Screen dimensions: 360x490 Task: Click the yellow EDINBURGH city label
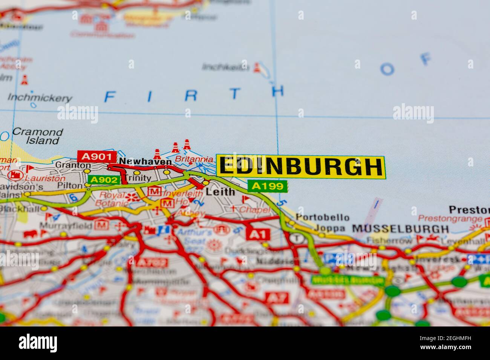point(300,166)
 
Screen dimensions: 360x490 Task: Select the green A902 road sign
point(104,180)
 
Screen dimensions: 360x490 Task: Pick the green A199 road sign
point(267,186)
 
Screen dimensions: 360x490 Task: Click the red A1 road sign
point(258,235)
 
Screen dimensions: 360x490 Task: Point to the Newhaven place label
point(145,162)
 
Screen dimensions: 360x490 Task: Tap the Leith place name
point(220,192)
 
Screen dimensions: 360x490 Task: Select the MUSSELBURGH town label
point(400,229)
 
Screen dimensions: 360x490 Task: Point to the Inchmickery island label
point(40,98)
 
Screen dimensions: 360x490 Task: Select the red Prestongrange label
point(450,218)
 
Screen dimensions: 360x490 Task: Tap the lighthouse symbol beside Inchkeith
point(257,68)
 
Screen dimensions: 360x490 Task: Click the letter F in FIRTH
point(109,97)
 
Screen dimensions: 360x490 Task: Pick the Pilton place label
point(70,186)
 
